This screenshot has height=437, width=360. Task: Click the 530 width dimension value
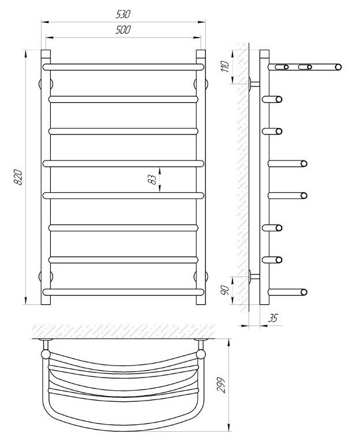[123, 14]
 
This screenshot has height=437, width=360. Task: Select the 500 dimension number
[123, 29]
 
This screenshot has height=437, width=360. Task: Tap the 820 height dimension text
[18, 177]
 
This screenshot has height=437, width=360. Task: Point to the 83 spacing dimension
[152, 180]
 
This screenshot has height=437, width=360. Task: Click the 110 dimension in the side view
[225, 66]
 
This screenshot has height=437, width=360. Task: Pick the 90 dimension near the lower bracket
[224, 290]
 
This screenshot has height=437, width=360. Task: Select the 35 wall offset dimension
[273, 318]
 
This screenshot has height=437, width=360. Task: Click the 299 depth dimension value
[222, 385]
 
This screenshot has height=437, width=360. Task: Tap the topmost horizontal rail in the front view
[123, 67]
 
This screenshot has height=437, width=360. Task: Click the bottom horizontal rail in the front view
[123, 292]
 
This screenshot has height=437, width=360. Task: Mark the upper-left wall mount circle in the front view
[46, 84]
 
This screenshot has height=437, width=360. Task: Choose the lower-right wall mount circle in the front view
[201, 276]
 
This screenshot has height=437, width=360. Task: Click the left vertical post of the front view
[46, 177]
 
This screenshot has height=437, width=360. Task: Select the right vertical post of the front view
[201, 177]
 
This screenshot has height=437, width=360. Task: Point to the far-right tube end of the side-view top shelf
[338, 67]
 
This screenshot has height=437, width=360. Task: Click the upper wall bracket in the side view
[254, 83]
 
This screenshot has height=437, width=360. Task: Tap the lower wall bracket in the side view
[254, 276]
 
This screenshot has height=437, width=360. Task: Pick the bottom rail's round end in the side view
[304, 292]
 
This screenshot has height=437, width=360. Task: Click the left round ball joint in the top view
[46, 354]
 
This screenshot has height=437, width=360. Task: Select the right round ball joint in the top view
[201, 354]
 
